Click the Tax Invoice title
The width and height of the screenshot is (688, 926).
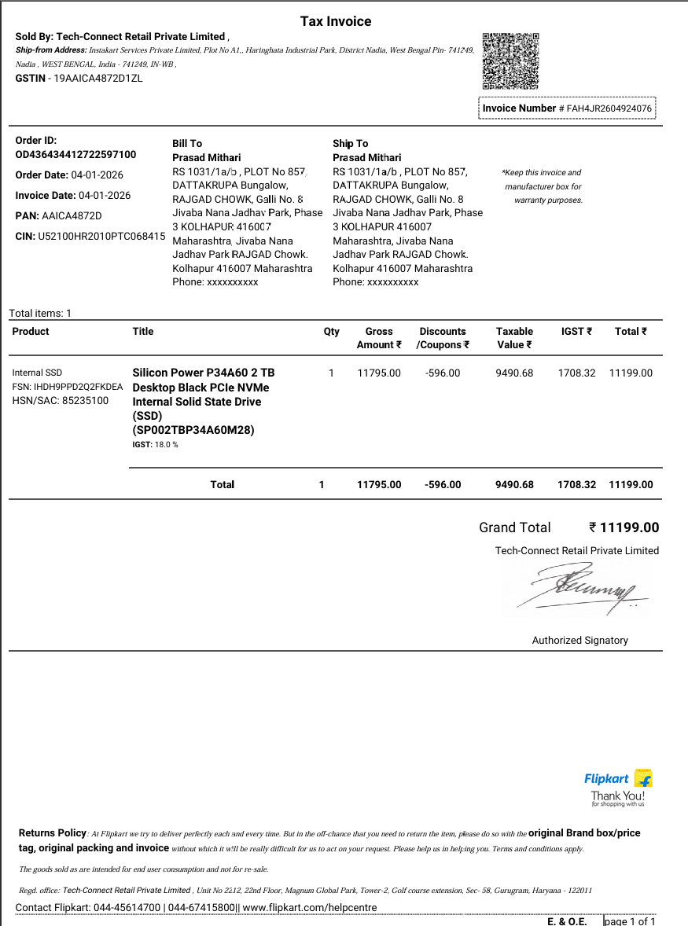pyautogui.click(x=336, y=21)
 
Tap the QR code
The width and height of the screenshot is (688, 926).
pyautogui.click(x=510, y=61)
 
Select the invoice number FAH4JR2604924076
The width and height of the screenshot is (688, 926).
pyautogui.click(x=609, y=108)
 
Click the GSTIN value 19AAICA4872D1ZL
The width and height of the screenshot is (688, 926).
pyautogui.click(x=97, y=78)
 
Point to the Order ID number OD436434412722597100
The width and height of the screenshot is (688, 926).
pyautogui.click(x=75, y=154)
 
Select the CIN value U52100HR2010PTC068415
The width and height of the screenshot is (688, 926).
pyautogui.click(x=101, y=236)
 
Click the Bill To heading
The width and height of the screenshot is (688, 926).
pyautogui.click(x=187, y=143)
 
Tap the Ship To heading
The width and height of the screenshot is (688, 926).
pyautogui.click(x=350, y=143)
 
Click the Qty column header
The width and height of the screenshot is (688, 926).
pyautogui.click(x=332, y=332)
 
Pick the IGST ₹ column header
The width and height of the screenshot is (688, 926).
pyautogui.click(x=576, y=332)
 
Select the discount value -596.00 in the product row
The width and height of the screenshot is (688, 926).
pyautogui.click(x=443, y=373)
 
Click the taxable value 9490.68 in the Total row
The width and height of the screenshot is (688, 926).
pyautogui.click(x=514, y=484)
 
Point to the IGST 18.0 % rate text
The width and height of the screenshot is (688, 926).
pyautogui.click(x=155, y=445)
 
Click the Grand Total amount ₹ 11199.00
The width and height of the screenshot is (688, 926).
pyautogui.click(x=624, y=527)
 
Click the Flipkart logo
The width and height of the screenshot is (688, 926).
pyautogui.click(x=618, y=779)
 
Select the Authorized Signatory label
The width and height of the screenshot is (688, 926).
pyautogui.click(x=579, y=640)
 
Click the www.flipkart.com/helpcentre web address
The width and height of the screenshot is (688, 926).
pyautogui.click(x=309, y=907)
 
